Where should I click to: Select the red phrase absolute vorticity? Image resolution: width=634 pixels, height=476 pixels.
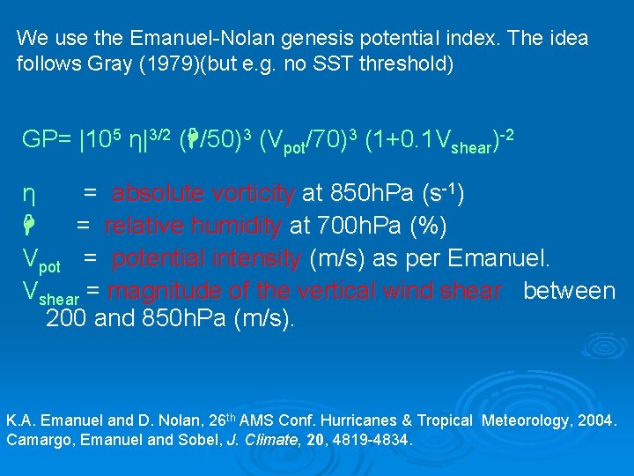203,193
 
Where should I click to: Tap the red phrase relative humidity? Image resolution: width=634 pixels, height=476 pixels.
193,226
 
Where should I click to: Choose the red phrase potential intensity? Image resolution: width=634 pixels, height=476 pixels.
207,259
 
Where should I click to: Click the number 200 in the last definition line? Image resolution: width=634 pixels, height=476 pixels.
65,319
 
